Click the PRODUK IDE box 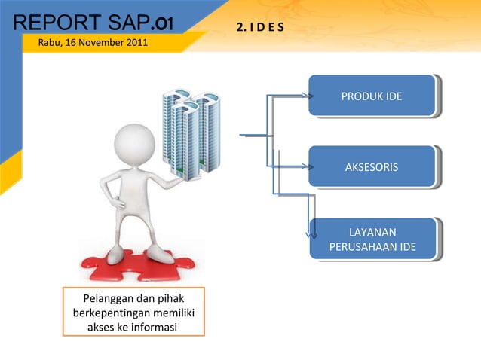pos(371,96)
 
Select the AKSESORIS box pos(371,166)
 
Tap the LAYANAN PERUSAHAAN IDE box pos(372,239)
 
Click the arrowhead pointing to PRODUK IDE pos(308,96)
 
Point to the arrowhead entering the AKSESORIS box pos(308,166)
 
